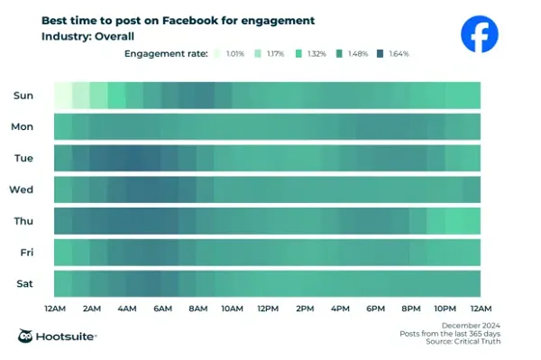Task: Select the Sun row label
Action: [x=23, y=95]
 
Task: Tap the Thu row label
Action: [x=23, y=221]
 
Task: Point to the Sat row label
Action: [x=24, y=283]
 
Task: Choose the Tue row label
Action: [x=23, y=158]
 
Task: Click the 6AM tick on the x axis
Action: [x=161, y=309]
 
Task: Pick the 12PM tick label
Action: [x=268, y=309]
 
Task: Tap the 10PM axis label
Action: [x=445, y=309]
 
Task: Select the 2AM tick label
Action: [x=90, y=309]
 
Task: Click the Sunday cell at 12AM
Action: [x=62, y=95]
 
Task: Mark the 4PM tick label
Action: [x=339, y=309]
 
